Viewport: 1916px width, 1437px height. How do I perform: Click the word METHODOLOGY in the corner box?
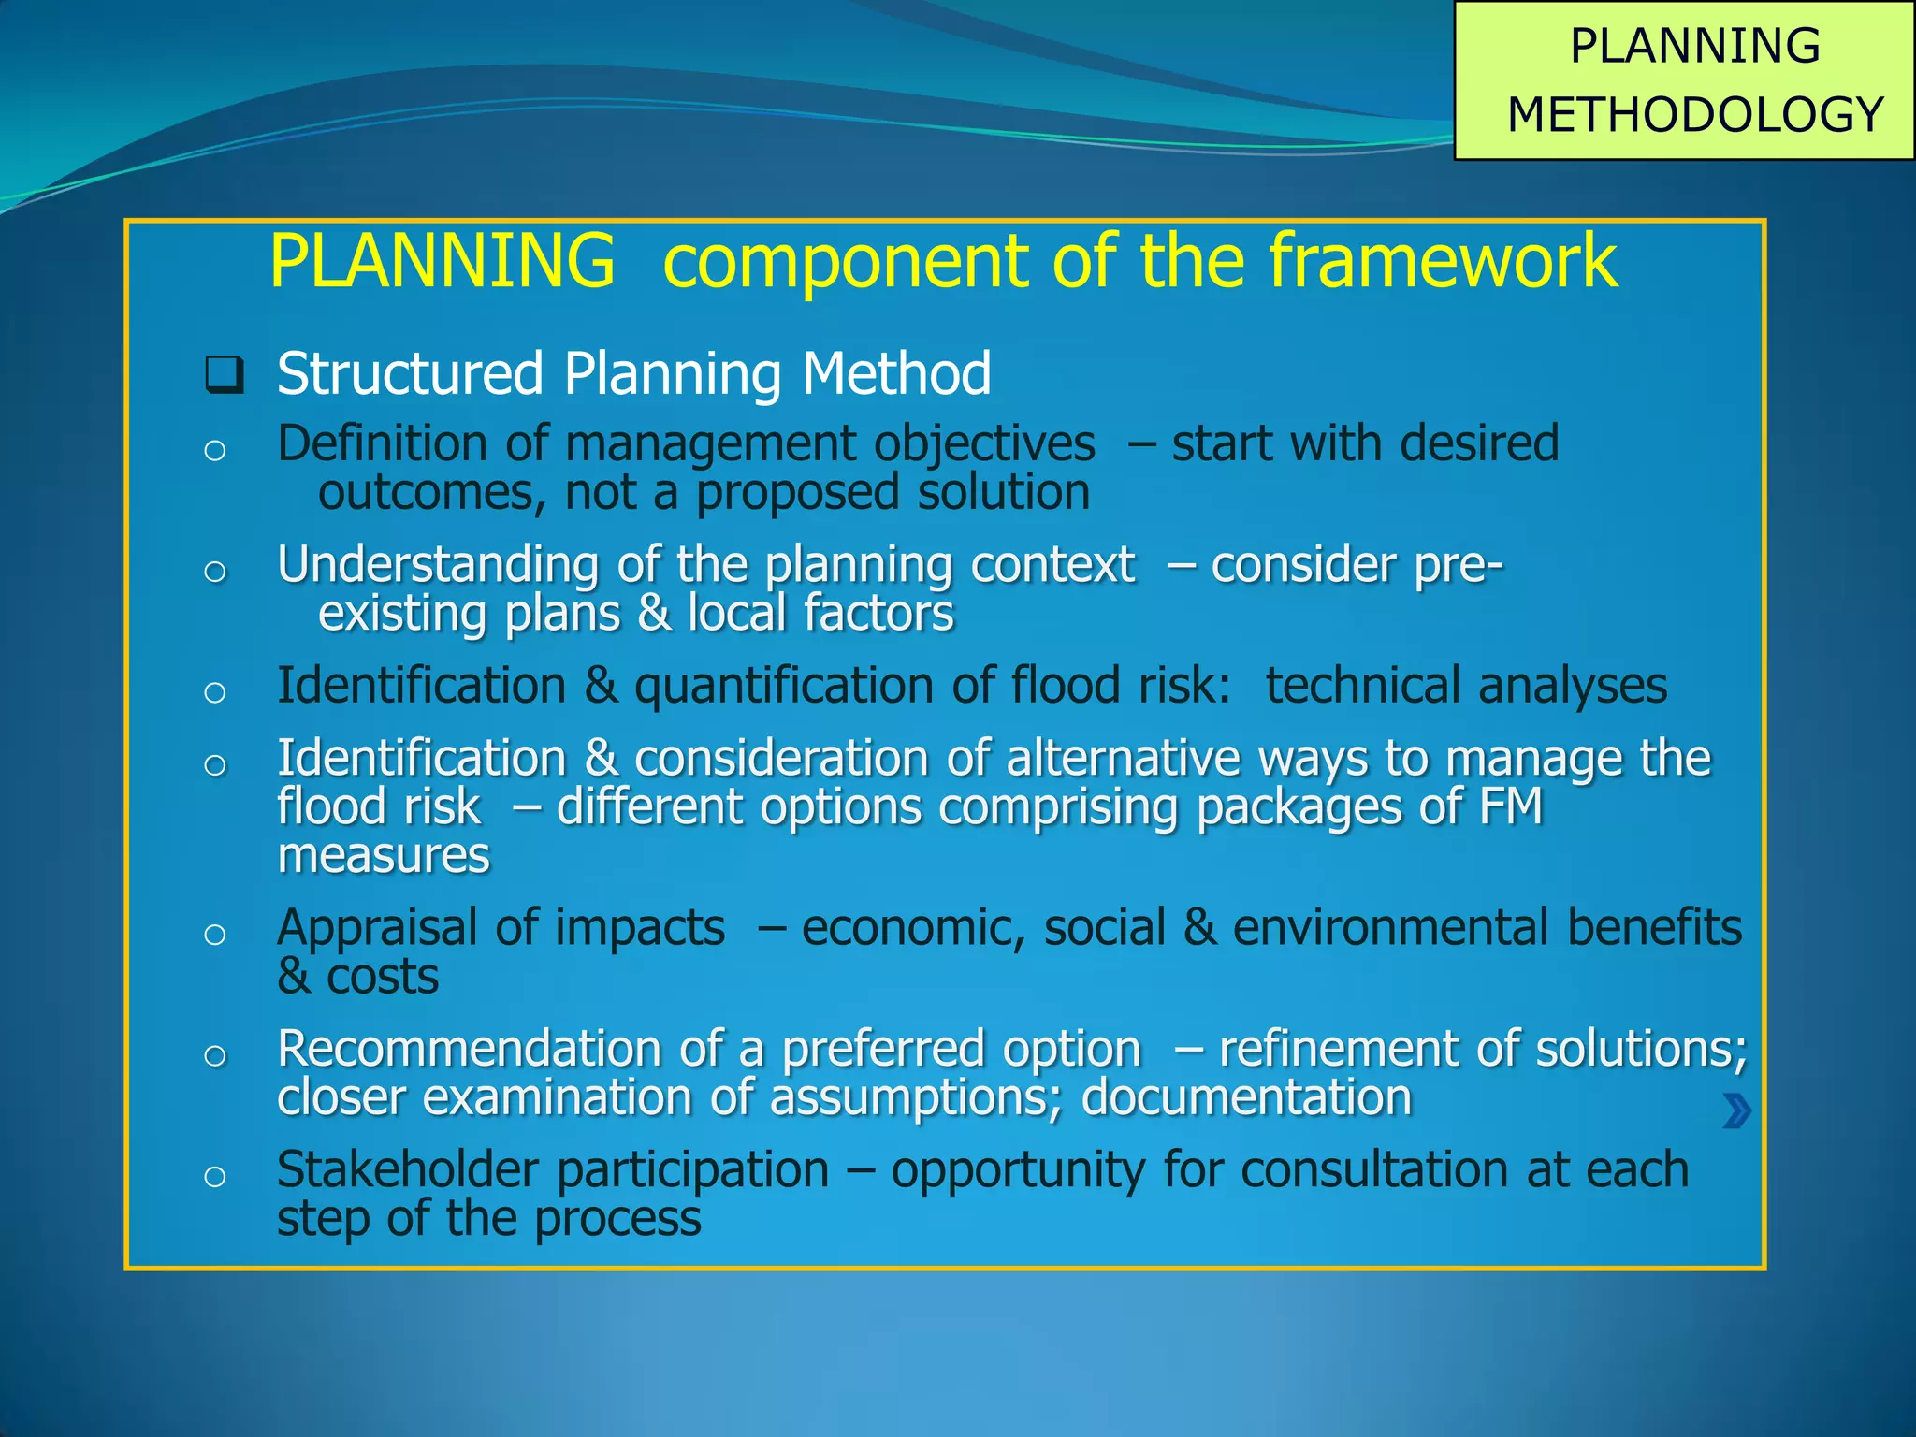[1695, 115]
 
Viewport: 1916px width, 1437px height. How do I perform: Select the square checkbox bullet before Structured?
[225, 375]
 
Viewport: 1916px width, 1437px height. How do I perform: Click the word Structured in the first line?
[410, 373]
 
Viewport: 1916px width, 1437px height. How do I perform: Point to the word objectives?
[984, 443]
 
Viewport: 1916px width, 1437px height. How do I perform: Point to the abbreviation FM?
[1511, 806]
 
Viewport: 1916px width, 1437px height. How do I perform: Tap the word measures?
[384, 856]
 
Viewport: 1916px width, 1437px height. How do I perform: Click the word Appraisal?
[378, 929]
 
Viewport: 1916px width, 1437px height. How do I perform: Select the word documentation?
[1246, 1097]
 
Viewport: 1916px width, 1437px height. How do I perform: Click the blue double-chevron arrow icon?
[1736, 1111]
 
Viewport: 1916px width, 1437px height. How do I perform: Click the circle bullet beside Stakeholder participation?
[215, 1176]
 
